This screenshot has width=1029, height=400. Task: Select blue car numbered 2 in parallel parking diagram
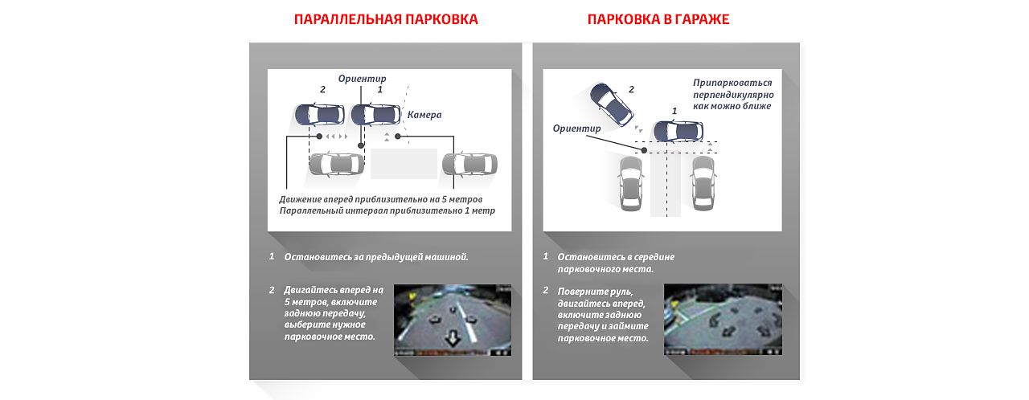tap(317, 114)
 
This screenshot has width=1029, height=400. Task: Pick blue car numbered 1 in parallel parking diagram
tap(375, 114)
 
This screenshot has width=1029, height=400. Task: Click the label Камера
tap(424, 115)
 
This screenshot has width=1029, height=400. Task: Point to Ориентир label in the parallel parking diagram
tap(362, 79)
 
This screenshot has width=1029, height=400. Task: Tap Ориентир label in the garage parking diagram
tap(576, 129)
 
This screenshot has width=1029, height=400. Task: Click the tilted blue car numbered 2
tap(610, 102)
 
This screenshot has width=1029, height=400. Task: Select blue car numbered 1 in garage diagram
tap(677, 130)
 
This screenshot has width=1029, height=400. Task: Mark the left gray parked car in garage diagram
tap(629, 182)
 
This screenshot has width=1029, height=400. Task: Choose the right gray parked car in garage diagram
tap(702, 182)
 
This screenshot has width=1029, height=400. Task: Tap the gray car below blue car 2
tap(336, 164)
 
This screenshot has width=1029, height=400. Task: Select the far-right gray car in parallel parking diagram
tap(469, 164)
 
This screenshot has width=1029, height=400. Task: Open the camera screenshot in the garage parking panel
tap(723, 320)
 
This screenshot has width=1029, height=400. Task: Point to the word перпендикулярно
tap(733, 94)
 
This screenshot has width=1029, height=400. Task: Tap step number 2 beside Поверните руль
tap(546, 290)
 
